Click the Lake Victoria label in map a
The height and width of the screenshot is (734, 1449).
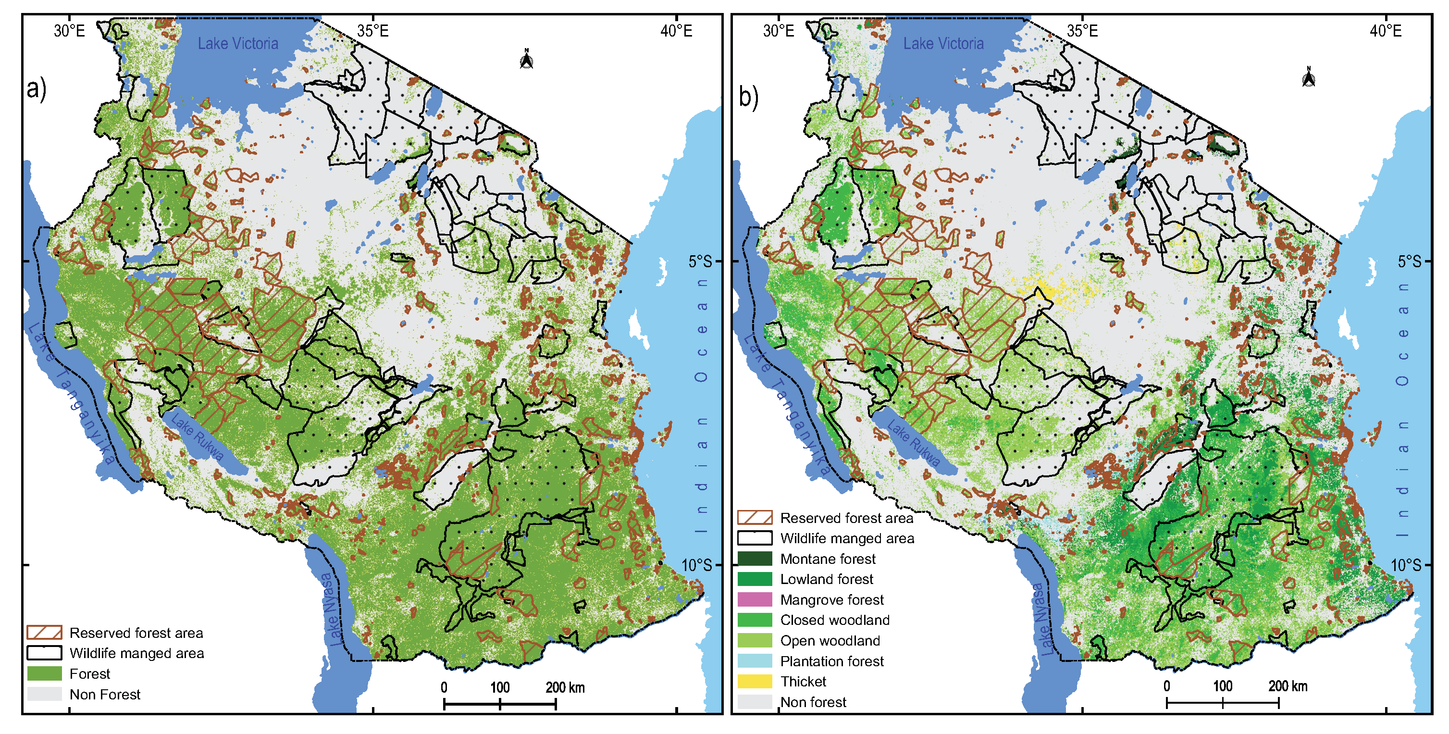coord(238,44)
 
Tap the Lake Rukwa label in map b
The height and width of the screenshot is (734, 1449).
coord(914,443)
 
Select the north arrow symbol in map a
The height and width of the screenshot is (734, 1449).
coord(527,59)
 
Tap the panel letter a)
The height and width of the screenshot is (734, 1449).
coord(37,89)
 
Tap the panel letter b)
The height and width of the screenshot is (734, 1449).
coord(748,97)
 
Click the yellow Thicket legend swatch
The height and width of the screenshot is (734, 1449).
coord(755,682)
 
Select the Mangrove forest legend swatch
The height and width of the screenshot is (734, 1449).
coord(755,599)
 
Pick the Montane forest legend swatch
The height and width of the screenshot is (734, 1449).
coord(755,559)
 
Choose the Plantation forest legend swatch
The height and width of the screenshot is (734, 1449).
coord(755,661)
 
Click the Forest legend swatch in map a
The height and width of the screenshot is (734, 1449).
coord(44,674)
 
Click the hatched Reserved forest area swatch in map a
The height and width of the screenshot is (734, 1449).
coord(44,633)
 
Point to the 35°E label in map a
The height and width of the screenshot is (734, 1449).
coord(373,31)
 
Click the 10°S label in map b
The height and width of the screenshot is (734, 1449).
coord(1406,565)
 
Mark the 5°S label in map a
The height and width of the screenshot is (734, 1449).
coord(700,261)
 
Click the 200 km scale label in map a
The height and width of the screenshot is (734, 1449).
coord(565,687)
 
